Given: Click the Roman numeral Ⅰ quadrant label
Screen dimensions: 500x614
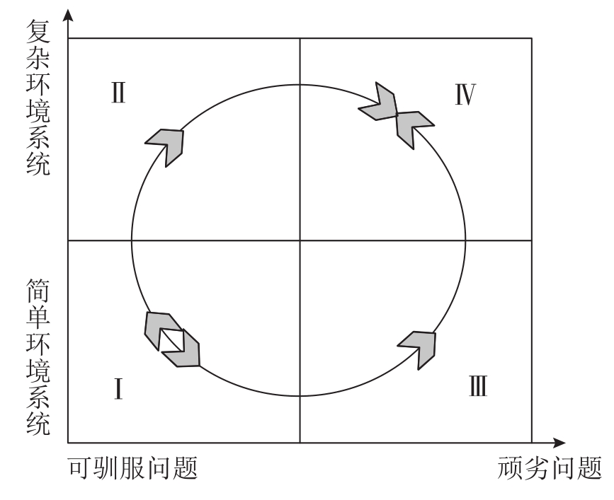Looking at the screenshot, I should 118,388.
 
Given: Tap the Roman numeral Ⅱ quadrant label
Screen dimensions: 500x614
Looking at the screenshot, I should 118,93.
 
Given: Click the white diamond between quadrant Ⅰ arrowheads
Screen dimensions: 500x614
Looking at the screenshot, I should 171,339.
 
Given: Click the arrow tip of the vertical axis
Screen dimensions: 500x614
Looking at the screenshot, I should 68,13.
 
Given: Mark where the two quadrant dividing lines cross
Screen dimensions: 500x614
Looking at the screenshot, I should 300,240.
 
